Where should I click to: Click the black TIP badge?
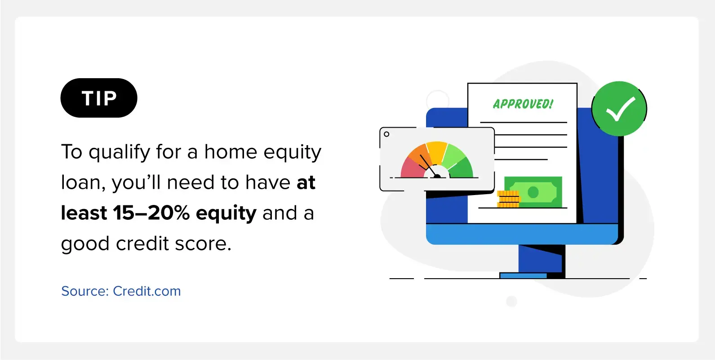coord(99,98)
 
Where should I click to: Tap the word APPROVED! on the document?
coord(523,104)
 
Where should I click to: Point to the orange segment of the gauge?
coord(418,154)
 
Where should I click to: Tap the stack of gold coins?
coord(508,199)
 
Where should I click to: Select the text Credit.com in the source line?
coord(147,291)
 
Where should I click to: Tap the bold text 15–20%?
coord(151,213)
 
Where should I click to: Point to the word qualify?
coord(119,152)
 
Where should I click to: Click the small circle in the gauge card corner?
coord(386,134)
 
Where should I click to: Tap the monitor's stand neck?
coord(541,258)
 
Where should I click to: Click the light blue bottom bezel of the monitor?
coord(522,234)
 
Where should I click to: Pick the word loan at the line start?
coord(82,182)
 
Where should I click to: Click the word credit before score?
coord(142,244)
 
